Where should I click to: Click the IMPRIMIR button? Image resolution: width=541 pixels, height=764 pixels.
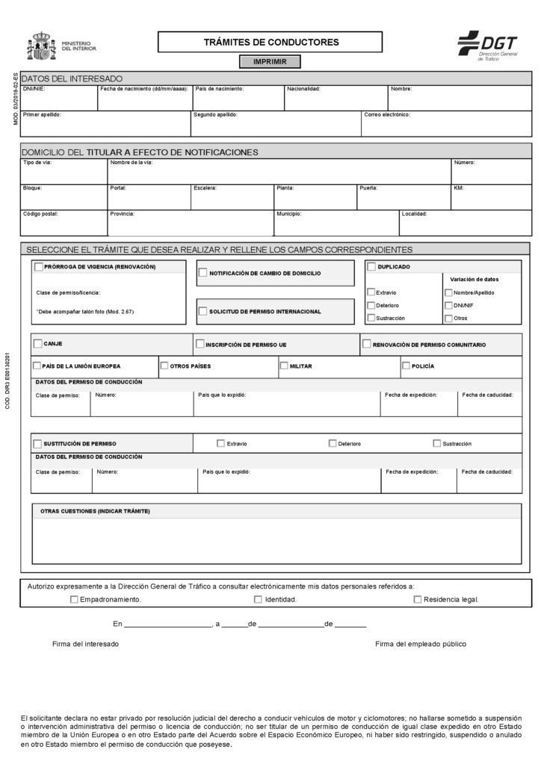click(x=270, y=62)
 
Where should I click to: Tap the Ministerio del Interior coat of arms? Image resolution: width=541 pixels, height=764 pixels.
click(x=41, y=46)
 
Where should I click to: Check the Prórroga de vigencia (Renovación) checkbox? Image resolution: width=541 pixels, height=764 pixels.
click(x=39, y=266)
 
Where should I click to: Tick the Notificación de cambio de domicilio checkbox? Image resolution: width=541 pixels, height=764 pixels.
click(x=203, y=273)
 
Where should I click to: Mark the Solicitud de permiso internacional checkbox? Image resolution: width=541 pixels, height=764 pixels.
click(x=203, y=310)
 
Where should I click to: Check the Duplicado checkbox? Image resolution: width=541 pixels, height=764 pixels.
click(x=371, y=266)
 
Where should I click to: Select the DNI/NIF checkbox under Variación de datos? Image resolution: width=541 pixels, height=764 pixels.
click(x=448, y=305)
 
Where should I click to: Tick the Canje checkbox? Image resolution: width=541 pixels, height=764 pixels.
click(x=37, y=344)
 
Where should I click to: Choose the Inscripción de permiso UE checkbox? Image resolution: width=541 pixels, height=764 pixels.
click(x=200, y=344)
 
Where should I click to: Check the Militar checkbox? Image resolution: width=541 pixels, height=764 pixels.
click(x=284, y=366)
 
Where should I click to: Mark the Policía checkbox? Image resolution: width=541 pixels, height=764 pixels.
click(x=406, y=366)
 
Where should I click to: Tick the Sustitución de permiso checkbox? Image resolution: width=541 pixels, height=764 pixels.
click(x=37, y=443)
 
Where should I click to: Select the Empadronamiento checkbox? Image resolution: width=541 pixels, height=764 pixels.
click(x=73, y=599)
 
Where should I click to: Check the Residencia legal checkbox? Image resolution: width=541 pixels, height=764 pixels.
click(x=418, y=599)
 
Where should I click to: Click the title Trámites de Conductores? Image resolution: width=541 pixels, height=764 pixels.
click(x=270, y=43)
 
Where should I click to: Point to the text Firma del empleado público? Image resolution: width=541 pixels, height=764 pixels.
click(x=420, y=644)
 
